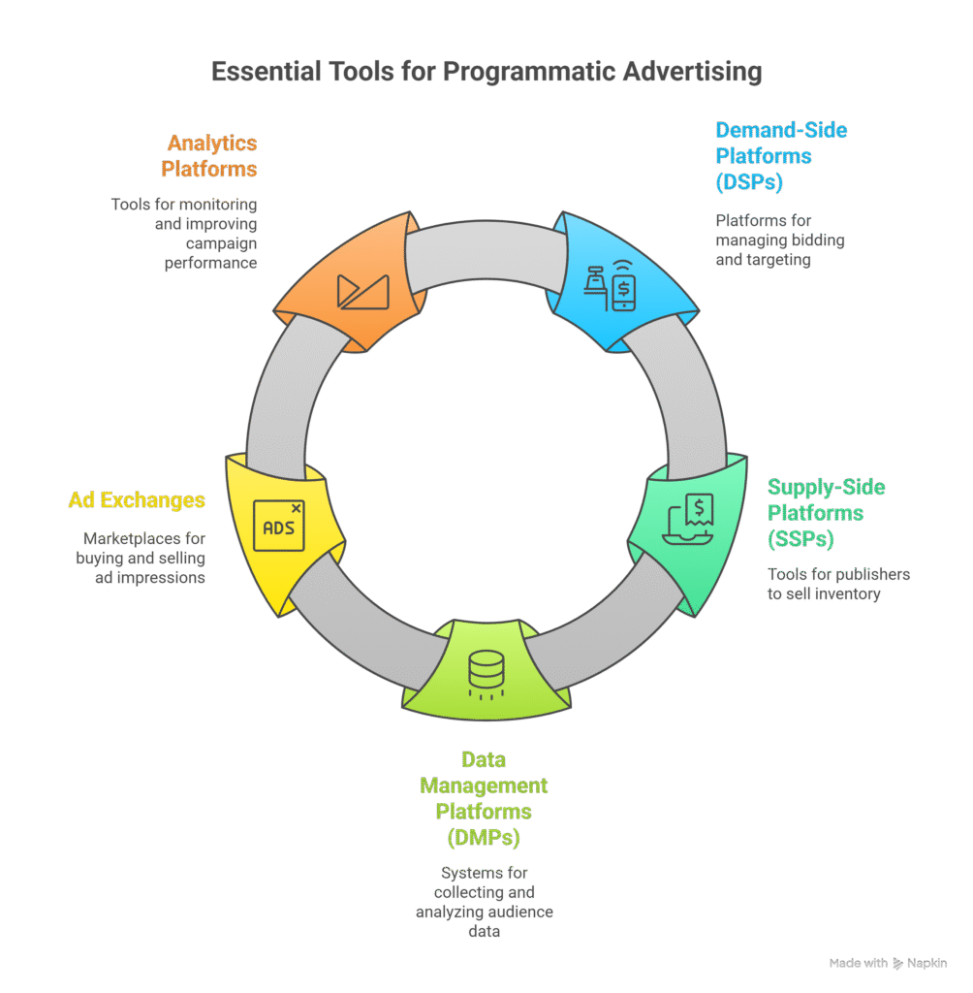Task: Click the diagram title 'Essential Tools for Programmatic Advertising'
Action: click(x=486, y=73)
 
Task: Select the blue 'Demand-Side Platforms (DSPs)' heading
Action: click(x=781, y=155)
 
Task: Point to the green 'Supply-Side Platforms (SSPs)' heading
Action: click(x=826, y=512)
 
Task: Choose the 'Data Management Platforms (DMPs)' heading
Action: click(x=490, y=797)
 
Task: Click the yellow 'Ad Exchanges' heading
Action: click(x=137, y=500)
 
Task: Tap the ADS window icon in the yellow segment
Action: click(x=279, y=526)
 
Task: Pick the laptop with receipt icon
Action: click(x=689, y=520)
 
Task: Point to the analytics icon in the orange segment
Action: click(x=362, y=291)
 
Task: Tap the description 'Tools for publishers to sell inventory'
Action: click(x=837, y=584)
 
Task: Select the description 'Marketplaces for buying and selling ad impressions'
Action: click(x=141, y=558)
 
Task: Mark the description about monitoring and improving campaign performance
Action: click(x=184, y=233)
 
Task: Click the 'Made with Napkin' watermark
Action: click(x=887, y=964)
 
